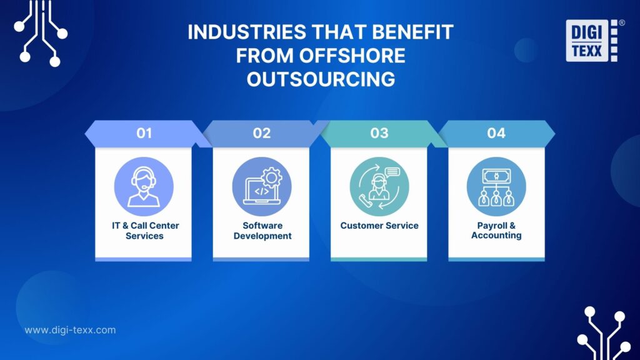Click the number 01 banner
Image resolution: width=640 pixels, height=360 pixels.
[144, 133]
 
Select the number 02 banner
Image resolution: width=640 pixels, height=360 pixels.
[261, 133]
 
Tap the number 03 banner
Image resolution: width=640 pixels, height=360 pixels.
[379, 133]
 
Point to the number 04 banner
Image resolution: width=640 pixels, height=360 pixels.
[496, 133]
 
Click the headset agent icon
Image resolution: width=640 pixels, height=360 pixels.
[144, 186]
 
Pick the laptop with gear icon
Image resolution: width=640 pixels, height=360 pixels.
[261, 186]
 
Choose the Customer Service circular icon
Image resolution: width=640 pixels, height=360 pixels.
[379, 186]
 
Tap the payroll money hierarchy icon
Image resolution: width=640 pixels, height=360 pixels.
[496, 186]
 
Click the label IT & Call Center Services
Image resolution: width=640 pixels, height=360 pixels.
[144, 230]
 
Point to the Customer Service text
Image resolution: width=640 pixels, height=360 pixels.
[379, 225]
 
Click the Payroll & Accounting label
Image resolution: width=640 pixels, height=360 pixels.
[496, 230]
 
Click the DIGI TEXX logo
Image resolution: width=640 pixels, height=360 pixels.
[591, 41]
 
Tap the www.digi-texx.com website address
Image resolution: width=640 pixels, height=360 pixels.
[70, 330]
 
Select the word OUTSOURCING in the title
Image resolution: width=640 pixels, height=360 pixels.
[321, 79]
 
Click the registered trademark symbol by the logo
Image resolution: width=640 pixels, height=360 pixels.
[621, 22]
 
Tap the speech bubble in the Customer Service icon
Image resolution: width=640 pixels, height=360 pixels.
[392, 172]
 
